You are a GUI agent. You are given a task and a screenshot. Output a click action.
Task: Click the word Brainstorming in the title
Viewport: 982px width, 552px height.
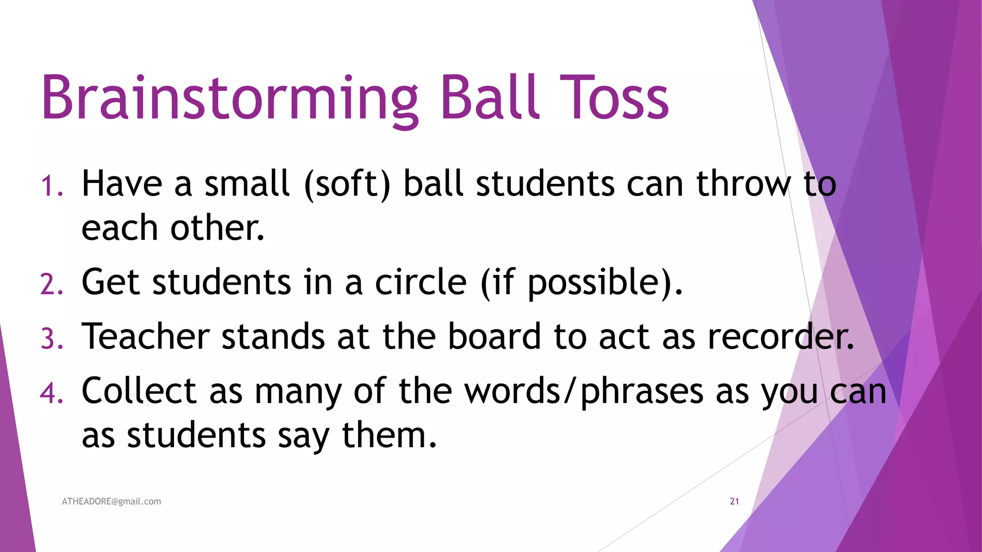(229, 98)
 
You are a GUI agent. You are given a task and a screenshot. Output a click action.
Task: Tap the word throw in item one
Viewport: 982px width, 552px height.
(744, 184)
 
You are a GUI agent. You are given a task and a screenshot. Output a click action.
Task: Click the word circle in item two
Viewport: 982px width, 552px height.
(421, 282)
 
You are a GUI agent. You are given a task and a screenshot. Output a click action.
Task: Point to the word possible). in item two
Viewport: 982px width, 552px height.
(605, 283)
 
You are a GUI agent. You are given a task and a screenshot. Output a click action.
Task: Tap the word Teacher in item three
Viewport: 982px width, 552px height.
(146, 336)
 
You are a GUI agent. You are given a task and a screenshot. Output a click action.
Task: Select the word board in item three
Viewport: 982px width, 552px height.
(494, 336)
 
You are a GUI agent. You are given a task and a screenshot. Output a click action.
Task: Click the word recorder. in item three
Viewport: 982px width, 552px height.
(781, 336)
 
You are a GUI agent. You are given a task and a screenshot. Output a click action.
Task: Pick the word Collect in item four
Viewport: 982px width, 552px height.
(139, 391)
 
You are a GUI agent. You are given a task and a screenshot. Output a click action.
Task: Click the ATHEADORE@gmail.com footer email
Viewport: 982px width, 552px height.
(111, 501)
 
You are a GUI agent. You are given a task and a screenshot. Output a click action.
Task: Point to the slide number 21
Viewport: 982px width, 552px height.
(734, 501)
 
